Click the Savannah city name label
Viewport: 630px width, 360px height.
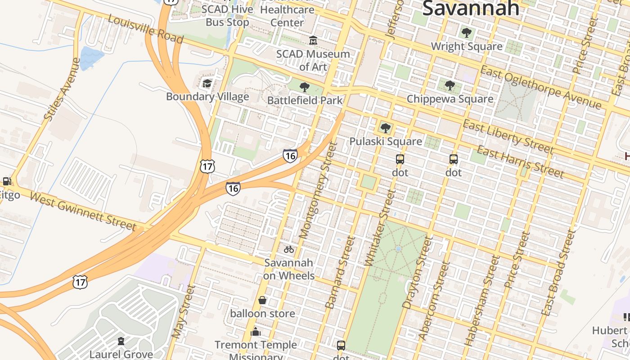coord(471,8)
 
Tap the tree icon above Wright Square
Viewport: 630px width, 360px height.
coord(467,33)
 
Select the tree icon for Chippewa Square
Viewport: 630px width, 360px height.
coord(450,85)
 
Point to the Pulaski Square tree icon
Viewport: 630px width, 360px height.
coord(385,128)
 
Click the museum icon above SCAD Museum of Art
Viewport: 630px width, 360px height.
coord(313,41)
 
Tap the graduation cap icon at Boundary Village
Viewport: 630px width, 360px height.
coord(207,83)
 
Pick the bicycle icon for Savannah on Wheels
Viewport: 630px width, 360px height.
coord(289,249)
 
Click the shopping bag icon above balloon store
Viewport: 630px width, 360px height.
coord(262,300)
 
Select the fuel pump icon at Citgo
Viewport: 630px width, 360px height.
coord(7,182)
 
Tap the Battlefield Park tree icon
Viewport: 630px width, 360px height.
coord(305,87)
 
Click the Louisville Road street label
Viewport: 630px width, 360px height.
coord(145,30)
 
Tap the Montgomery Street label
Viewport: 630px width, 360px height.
coord(318,191)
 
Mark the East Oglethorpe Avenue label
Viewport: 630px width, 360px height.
coord(540,87)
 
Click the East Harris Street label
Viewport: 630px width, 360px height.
coord(520,161)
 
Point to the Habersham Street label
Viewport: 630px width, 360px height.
coord(482,301)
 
